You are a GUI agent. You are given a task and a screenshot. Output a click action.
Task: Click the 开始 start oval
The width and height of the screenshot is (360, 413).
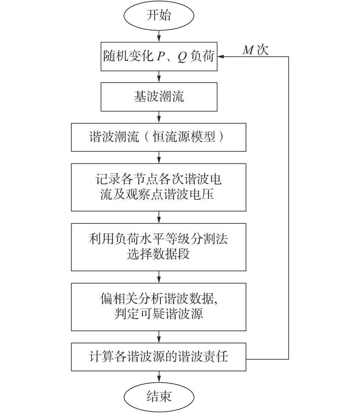click(x=159, y=16)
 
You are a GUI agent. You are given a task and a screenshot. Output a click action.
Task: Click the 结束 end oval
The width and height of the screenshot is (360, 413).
click(x=159, y=396)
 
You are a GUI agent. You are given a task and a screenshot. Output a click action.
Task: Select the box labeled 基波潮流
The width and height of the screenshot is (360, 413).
click(x=159, y=97)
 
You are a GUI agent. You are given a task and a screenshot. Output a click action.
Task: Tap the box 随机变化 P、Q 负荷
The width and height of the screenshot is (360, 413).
click(x=159, y=57)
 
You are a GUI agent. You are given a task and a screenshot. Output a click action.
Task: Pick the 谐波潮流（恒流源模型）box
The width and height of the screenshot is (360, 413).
click(x=159, y=137)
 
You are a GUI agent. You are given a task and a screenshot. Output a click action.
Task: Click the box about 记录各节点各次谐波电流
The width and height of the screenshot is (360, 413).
click(x=159, y=187)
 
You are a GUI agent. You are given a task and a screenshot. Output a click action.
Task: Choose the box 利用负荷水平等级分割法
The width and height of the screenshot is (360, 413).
click(x=159, y=247)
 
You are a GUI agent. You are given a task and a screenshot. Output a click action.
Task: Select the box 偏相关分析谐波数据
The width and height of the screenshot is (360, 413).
click(x=159, y=307)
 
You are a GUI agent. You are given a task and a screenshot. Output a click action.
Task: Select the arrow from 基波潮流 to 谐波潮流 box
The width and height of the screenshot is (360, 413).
click(x=159, y=116)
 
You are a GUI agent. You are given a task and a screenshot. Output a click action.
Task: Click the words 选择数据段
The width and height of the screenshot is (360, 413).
click(x=158, y=254)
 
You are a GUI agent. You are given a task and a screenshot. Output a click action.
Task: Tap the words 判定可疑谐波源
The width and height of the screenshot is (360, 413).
click(x=158, y=314)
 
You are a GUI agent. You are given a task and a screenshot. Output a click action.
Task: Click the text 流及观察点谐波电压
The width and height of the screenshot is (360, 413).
click(x=158, y=194)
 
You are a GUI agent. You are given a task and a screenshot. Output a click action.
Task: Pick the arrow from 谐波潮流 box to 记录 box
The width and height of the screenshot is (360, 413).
click(x=159, y=157)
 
